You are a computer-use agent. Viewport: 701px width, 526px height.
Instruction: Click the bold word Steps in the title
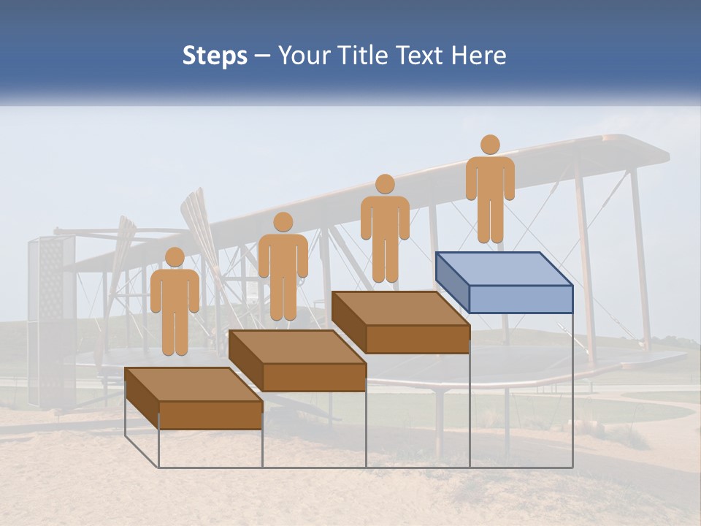coord(215,56)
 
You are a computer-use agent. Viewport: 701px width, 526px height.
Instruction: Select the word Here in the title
coord(479,56)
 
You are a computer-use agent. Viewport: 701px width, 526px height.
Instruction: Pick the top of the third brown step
coord(400,308)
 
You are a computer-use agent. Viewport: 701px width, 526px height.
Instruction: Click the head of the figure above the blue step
coord(490,145)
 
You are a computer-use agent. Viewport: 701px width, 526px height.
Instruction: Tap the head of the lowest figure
coord(175,257)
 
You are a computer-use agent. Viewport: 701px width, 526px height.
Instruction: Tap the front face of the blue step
coord(521,299)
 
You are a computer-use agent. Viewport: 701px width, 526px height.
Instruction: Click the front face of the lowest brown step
coord(210,415)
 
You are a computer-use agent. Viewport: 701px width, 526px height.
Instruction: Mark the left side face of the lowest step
coord(142,397)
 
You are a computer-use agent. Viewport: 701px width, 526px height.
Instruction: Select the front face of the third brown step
coord(417,339)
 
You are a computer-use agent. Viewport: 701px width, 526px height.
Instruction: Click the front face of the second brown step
coord(314,377)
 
